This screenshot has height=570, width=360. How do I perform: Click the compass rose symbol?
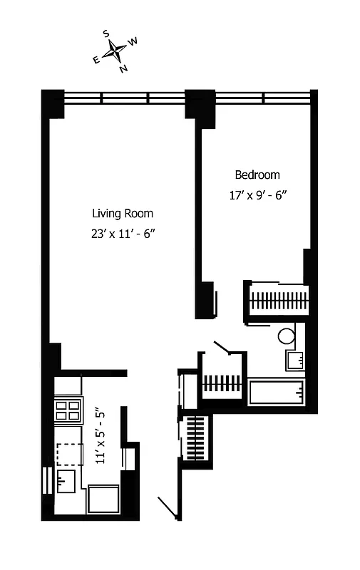coord(115,51)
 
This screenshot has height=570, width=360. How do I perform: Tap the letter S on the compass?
coord(106,33)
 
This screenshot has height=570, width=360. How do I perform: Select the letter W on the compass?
coord(133,42)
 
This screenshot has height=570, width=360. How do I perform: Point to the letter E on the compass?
coord(96,60)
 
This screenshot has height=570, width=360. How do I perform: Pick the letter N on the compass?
coord(123,68)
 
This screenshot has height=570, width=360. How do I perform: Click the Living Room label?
coord(122,213)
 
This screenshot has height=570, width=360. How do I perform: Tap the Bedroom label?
coord(257,175)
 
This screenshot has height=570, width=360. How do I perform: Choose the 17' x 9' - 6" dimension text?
coord(258,195)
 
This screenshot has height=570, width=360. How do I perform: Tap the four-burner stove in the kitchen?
coord(68,410)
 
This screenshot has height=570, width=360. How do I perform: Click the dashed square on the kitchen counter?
coord(69,453)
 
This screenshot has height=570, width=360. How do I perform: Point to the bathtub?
coord(277,392)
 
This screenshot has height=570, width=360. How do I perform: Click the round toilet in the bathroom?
coord(287,335)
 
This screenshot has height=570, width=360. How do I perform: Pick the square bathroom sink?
coord(294,360)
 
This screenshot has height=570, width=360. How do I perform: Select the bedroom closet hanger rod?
coord(278,299)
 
